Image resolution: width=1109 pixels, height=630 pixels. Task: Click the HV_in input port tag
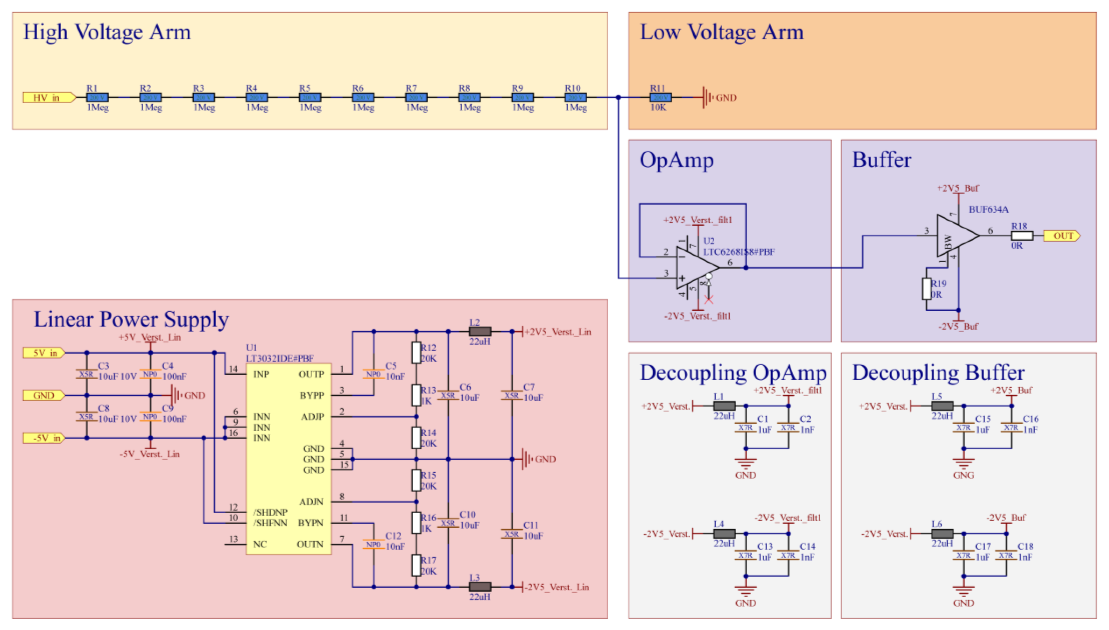pos(48,98)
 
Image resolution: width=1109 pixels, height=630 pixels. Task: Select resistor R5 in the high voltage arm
pos(310,98)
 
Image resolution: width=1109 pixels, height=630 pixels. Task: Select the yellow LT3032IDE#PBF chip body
pos(289,459)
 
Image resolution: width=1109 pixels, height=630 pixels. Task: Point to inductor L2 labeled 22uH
pos(480,332)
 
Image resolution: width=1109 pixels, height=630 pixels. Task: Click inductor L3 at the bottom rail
pos(480,587)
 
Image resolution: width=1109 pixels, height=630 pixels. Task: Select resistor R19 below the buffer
pos(926,289)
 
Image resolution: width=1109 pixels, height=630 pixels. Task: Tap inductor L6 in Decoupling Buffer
pos(942,533)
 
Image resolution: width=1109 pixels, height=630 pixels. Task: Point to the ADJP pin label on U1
pos(312,417)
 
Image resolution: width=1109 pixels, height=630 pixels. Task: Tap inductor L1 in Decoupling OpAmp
pos(724,406)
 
